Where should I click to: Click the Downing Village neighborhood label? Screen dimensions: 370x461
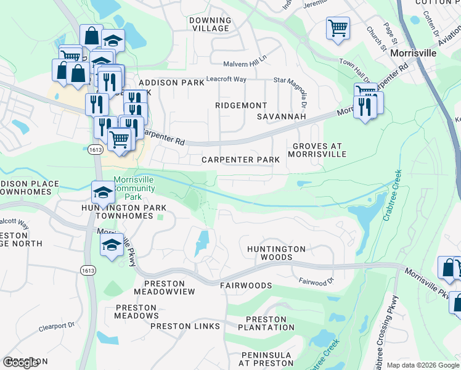pos(210,25)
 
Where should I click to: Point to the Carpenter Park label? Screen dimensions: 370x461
pos(241,160)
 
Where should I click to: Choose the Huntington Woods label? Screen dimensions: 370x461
pos(276,253)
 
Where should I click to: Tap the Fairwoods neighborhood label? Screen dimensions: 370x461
pos(246,286)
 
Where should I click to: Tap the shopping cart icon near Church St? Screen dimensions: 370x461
pos(337,28)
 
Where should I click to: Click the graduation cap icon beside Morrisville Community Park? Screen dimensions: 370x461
pos(103,192)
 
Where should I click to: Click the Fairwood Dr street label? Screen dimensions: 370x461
pos(316,281)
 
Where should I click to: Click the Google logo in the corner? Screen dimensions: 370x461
pos(20,363)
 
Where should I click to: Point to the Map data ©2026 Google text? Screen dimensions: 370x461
pos(422,365)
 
